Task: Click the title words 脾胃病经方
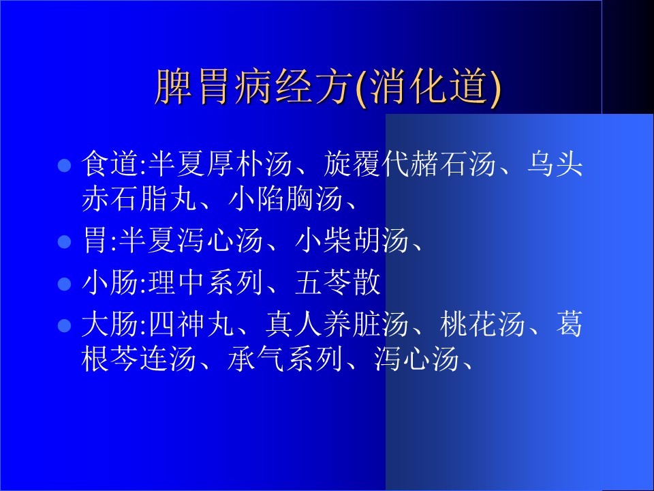click(251, 87)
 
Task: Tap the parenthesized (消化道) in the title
click(429, 87)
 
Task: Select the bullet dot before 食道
click(64, 165)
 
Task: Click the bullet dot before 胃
click(64, 241)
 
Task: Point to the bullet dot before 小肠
click(64, 284)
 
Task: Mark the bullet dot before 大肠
click(64, 325)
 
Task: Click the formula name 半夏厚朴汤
click(220, 163)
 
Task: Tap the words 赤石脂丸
click(139, 198)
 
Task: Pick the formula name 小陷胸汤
click(285, 198)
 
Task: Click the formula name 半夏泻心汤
click(191, 240)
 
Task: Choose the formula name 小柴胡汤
click(352, 240)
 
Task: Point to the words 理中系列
click(206, 282)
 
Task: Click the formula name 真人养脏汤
click(337, 324)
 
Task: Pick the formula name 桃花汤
click(482, 324)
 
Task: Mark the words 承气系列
click(285, 359)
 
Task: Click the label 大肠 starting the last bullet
click(110, 324)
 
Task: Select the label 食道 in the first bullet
click(110, 163)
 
